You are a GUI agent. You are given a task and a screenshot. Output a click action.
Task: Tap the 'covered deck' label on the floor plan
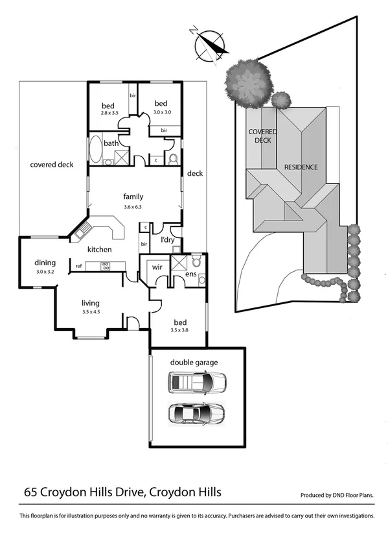pos(52,165)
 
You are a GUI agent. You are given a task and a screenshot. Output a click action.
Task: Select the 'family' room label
pos(133,197)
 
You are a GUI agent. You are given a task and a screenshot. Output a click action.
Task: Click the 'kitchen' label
pos(100,250)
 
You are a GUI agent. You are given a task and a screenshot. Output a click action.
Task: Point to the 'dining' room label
pos(45,263)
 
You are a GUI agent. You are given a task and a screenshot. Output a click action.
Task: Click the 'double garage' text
pos(194,363)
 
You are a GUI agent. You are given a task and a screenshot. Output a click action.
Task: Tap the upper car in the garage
pos(197,383)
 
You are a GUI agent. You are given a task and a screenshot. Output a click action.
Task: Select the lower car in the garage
pos(196,413)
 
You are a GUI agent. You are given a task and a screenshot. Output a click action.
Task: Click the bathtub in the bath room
pos(95,149)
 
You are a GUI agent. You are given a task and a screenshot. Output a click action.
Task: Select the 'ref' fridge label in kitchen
pos(78,266)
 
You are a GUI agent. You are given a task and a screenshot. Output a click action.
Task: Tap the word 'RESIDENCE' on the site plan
pos(301,167)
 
